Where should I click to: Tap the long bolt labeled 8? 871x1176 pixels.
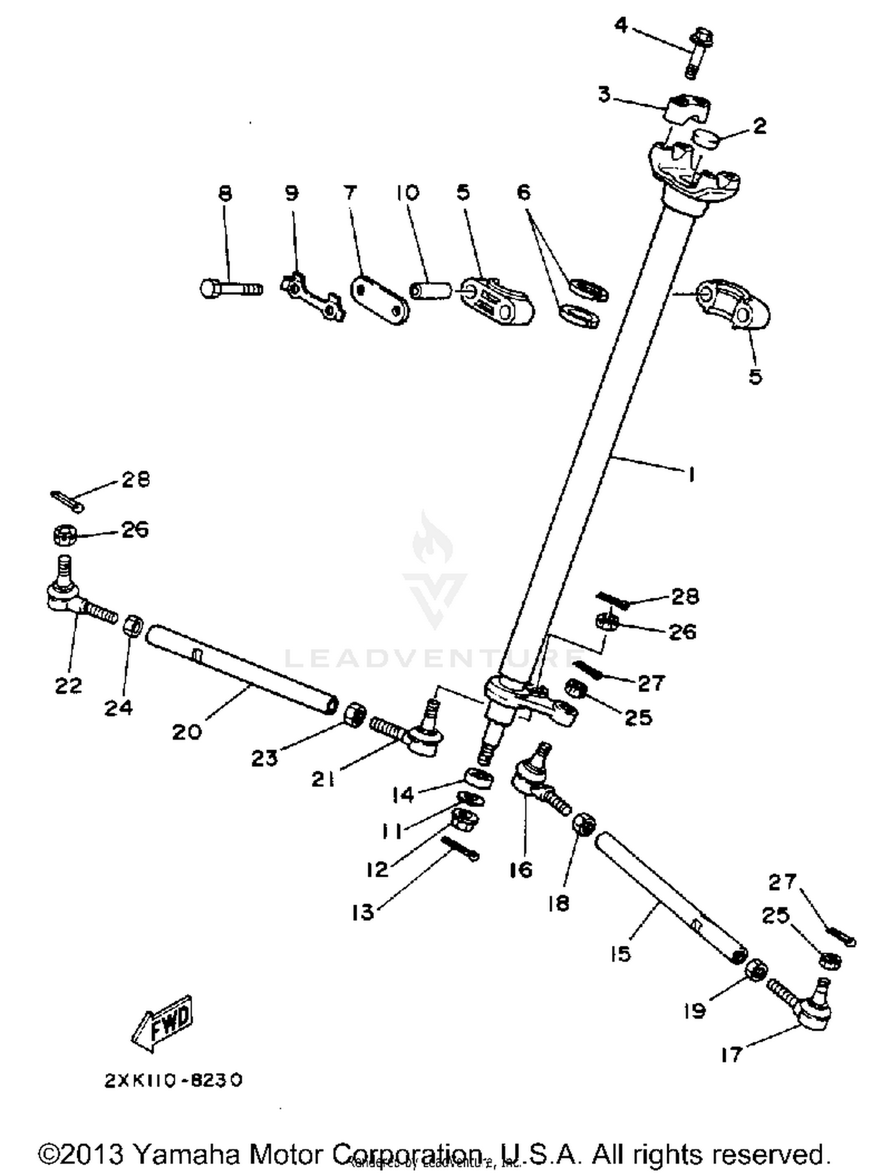point(231,288)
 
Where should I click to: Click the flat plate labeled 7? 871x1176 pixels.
point(380,300)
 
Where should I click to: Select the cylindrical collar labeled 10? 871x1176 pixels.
point(430,291)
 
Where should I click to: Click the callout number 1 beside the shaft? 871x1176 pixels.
point(691,475)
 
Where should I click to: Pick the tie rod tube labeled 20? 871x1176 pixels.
point(241,669)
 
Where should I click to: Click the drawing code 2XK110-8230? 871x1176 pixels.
point(173,1080)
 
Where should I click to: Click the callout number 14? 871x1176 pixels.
point(402,794)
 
